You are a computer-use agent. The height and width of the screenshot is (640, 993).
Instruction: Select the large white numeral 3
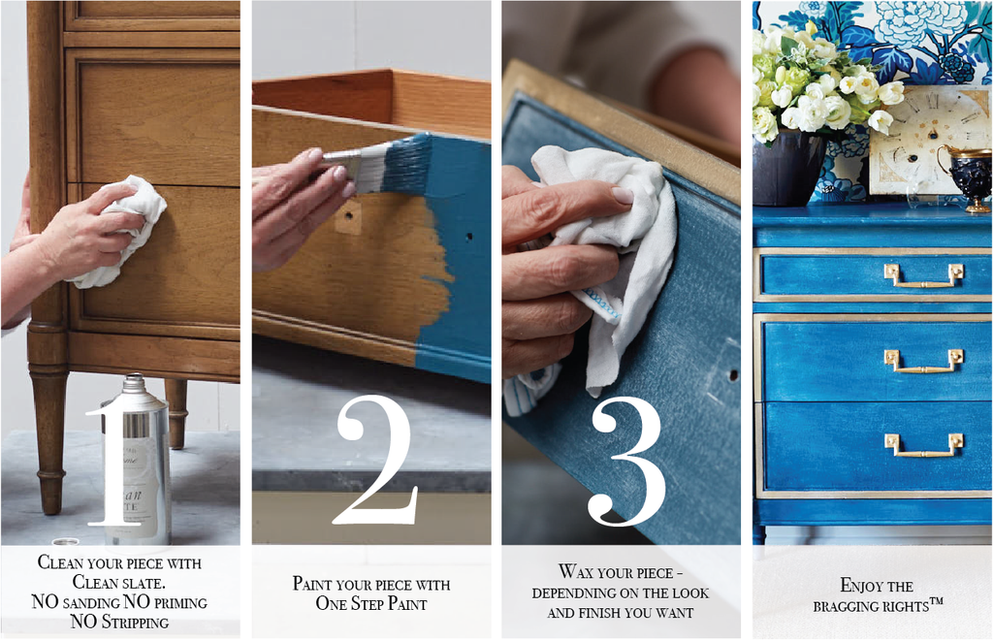(x=626, y=461)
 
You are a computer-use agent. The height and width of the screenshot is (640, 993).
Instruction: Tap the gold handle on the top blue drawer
(x=924, y=275)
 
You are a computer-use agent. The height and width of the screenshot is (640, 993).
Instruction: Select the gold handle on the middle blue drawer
(x=924, y=361)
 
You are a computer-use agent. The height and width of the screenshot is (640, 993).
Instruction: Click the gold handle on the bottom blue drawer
(x=924, y=445)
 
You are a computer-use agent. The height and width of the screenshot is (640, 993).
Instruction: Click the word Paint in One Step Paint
(x=407, y=603)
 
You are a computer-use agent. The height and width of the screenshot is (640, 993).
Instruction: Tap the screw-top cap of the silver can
(x=135, y=382)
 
